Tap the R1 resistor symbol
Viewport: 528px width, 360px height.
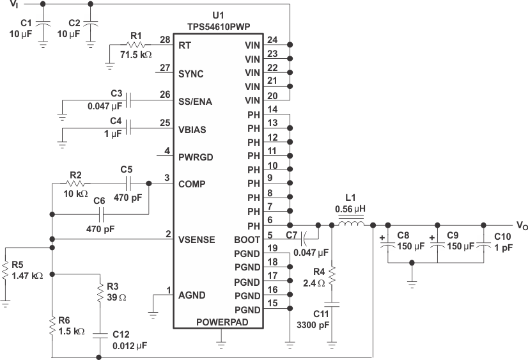tap(135, 46)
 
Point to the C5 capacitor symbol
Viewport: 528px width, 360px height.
tap(127, 184)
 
